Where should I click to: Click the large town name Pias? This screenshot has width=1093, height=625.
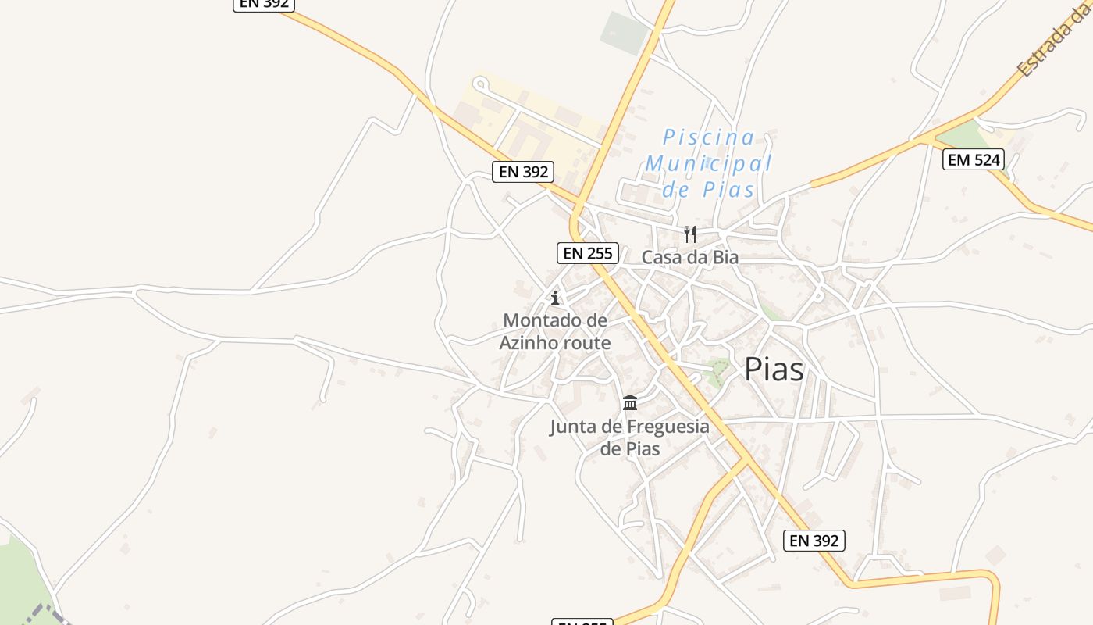tap(774, 369)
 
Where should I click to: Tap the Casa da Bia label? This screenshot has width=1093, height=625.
tap(689, 257)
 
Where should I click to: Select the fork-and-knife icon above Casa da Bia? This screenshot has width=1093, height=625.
tap(689, 234)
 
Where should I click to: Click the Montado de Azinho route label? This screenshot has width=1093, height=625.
tap(555, 331)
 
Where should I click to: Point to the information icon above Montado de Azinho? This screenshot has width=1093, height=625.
tap(555, 298)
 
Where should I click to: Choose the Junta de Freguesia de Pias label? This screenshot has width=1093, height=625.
tap(630, 437)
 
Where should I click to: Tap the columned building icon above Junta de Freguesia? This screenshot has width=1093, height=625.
tap(630, 403)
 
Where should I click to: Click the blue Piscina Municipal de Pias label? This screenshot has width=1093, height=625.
tap(707, 163)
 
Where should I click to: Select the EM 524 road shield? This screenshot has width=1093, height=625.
tap(973, 160)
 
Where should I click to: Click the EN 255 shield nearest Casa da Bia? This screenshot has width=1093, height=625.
tap(588, 253)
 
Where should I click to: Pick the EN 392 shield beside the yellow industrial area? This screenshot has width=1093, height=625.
tap(523, 172)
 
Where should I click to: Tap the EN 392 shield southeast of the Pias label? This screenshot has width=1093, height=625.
tap(814, 540)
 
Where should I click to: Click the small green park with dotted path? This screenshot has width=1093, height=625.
tap(716, 372)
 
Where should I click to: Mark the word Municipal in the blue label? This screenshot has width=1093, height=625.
tap(708, 164)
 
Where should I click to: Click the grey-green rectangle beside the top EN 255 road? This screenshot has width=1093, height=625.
tap(625, 32)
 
